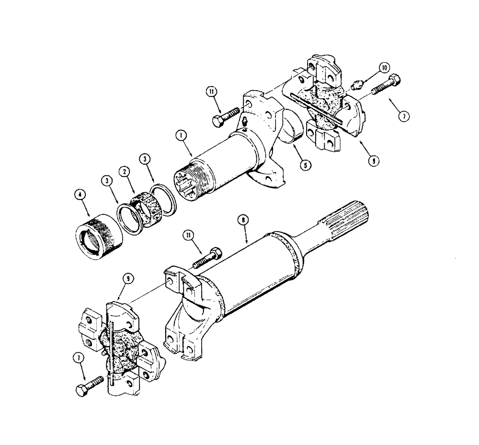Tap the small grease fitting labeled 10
356,85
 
